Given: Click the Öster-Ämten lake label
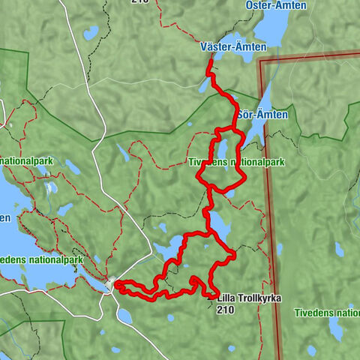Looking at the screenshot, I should (x=275, y=5).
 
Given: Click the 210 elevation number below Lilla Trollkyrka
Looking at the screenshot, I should (x=225, y=309).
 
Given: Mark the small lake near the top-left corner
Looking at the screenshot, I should (x=91, y=33).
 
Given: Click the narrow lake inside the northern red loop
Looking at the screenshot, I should (x=223, y=154).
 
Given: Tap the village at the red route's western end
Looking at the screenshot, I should (x=112, y=284).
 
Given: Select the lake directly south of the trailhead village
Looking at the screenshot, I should (x=124, y=316).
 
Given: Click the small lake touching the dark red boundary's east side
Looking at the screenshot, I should (x=280, y=249).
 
